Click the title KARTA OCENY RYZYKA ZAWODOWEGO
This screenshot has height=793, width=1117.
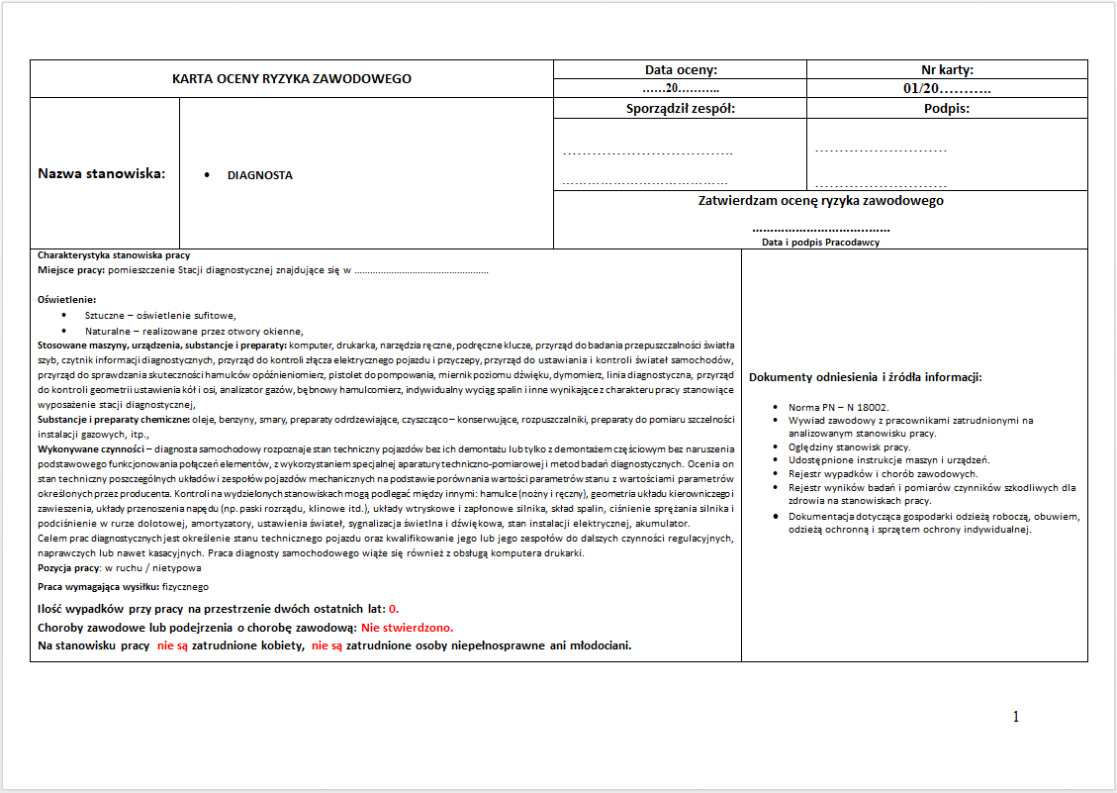(292, 78)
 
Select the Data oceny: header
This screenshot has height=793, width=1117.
(681, 69)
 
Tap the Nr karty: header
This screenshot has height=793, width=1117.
(947, 69)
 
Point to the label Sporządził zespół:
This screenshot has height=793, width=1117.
(681, 108)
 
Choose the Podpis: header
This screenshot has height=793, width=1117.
(947, 108)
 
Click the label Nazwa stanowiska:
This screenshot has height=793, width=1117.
(102, 174)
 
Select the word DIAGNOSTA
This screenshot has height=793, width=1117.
(260, 175)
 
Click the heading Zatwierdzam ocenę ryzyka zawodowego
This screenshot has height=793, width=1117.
(820, 200)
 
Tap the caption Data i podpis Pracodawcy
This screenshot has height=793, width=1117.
(820, 242)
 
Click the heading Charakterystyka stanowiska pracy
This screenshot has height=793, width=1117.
(114, 255)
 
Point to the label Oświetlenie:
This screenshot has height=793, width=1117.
(66, 299)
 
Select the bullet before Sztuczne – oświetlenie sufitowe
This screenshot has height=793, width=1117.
(64, 315)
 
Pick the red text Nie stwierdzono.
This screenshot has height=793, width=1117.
(407, 628)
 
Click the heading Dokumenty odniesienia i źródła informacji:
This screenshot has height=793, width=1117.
(865, 377)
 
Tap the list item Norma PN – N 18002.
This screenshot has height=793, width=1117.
(838, 407)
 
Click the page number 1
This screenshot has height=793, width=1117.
(1016, 717)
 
